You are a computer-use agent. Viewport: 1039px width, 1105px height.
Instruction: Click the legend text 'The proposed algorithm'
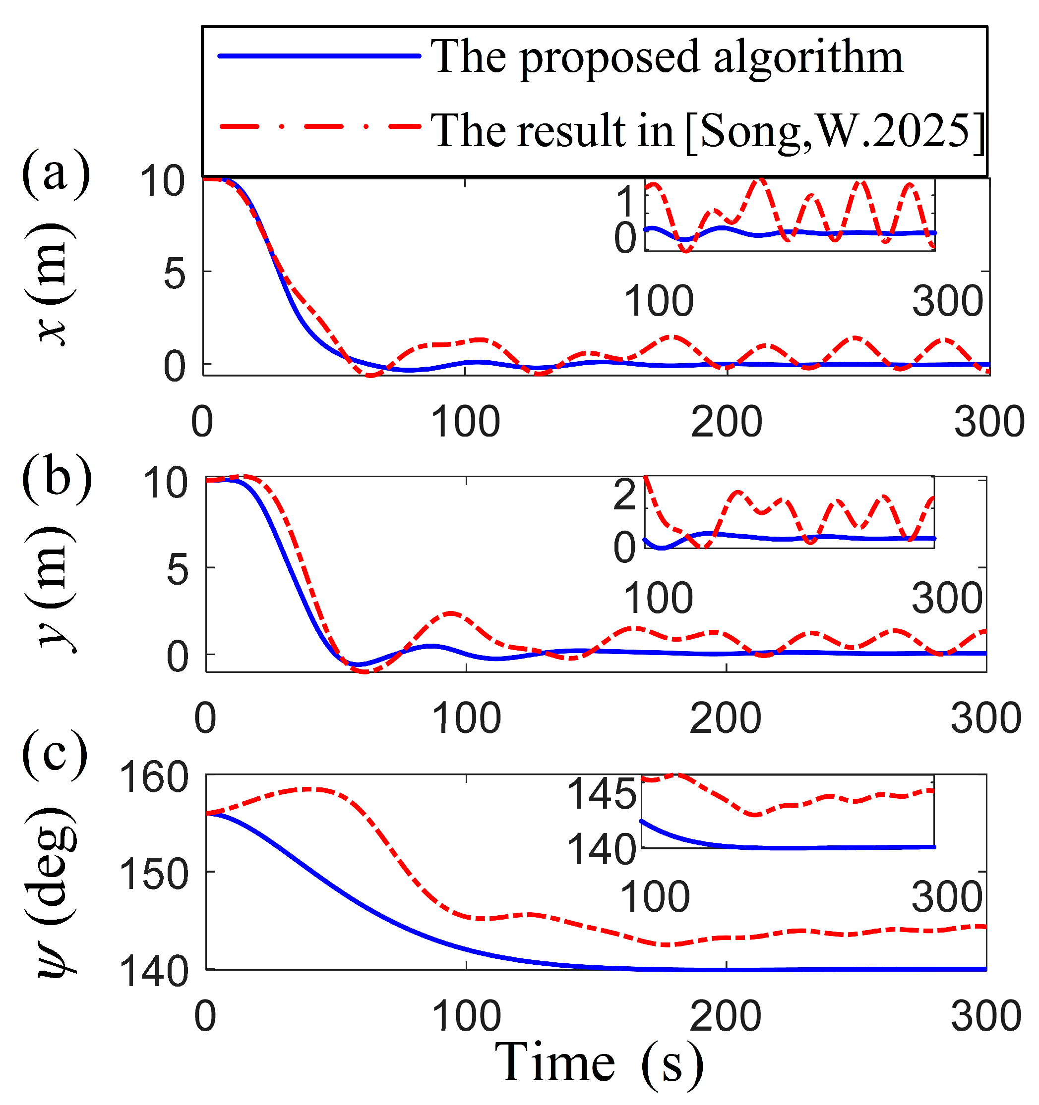tap(667, 57)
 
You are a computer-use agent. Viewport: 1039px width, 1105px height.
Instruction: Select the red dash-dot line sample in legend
tap(319, 127)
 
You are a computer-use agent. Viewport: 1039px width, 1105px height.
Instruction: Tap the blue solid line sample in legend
tap(319, 55)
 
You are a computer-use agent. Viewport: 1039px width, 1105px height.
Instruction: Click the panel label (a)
tap(56, 173)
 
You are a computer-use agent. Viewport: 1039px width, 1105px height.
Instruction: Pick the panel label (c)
tap(55, 754)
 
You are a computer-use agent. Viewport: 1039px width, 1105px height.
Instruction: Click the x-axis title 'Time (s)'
tap(599, 1063)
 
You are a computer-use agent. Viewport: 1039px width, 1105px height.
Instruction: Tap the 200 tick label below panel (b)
tap(725, 718)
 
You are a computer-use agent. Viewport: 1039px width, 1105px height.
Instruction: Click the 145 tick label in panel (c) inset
tap(601, 794)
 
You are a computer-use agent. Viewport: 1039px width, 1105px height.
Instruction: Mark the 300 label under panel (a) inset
tap(947, 301)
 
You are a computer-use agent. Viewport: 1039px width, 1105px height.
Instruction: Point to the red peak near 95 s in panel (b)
tap(450, 613)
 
